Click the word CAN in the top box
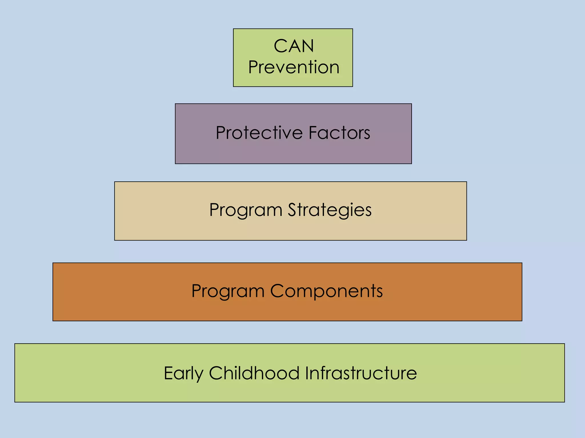pos(294,46)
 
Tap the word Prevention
pos(294,67)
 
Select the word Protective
pos(259,133)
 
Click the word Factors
pos(339,133)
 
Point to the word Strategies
pos(330,210)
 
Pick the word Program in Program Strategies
pos(246,210)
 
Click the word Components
pos(326,291)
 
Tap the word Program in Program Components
pos(228,291)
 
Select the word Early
pos(183,373)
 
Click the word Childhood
pos(254,373)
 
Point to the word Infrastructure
pos(361,373)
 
